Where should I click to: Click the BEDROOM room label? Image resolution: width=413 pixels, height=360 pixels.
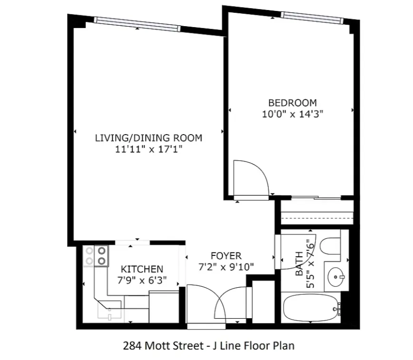292,102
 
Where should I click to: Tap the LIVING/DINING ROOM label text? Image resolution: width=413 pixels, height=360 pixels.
148,138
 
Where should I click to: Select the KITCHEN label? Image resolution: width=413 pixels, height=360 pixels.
142,269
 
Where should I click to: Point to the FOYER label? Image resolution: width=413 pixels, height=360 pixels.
226,256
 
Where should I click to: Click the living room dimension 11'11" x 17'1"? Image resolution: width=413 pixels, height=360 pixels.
148,149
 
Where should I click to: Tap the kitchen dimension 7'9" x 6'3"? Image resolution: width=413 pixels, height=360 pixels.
142,280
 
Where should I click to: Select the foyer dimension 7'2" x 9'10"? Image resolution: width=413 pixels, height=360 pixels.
226,267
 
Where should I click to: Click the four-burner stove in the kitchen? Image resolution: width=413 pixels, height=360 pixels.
96,256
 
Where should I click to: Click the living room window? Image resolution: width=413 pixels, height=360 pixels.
137,24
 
